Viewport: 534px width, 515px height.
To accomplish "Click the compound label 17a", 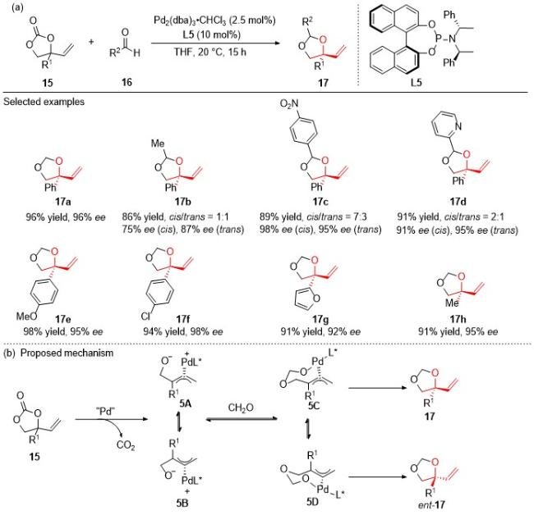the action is (63, 202).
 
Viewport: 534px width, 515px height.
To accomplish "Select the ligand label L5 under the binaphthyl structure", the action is (417, 82).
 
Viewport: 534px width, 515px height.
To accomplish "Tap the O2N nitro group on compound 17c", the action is (289, 103).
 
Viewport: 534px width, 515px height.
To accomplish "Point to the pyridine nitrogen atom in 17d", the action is (458, 126).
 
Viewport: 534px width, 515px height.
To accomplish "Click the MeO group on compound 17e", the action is (26, 317).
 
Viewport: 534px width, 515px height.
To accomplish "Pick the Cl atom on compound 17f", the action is (145, 317).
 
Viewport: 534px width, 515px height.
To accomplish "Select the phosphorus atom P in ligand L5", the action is (440, 39).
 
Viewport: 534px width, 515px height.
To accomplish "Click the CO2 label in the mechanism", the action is (126, 445).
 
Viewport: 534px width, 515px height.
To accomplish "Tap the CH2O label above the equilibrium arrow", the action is (241, 408).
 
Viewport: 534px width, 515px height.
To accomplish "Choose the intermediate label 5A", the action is (186, 403).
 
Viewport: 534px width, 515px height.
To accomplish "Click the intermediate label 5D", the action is (312, 502).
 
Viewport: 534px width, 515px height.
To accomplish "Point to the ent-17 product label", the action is (431, 505).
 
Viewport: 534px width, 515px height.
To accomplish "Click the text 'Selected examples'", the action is (44, 102).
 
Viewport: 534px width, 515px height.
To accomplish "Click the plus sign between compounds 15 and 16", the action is (91, 42).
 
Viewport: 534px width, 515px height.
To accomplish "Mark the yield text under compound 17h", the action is (458, 331).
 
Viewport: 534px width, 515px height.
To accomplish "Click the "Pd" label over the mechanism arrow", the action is (106, 412).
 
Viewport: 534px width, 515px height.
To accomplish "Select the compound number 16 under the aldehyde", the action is (127, 82).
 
